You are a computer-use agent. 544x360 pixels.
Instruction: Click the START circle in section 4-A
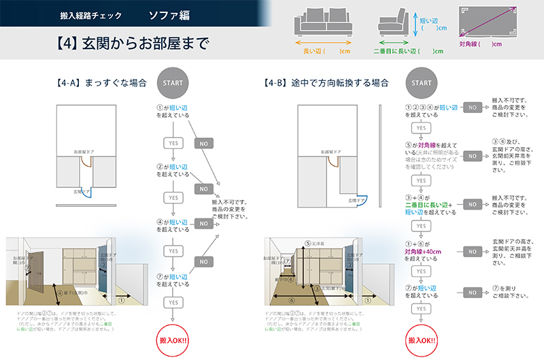pos(173,83)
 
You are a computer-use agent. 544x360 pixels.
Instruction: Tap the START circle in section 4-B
pos(422,83)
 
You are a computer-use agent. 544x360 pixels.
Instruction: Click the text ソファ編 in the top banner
pos(169,14)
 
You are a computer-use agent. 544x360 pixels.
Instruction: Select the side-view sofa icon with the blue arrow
pos(395,24)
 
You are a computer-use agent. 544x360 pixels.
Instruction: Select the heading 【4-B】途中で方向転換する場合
pos(326,83)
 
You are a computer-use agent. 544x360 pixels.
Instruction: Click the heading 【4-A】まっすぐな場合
pos(101,83)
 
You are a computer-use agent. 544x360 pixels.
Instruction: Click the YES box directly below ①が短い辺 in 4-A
pos(173,142)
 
